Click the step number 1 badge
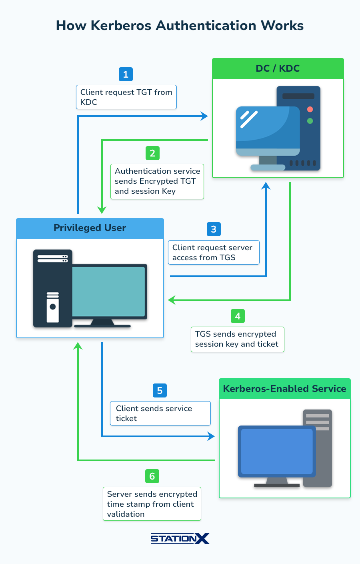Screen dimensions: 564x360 [126, 74]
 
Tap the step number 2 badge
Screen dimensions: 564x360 [152, 153]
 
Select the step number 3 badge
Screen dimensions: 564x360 [214, 229]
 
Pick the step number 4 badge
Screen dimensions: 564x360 [238, 316]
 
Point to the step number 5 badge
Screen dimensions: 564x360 [160, 391]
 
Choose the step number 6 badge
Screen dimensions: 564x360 [152, 476]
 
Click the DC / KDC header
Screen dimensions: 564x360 [278, 68]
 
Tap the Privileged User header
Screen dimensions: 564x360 [90, 228]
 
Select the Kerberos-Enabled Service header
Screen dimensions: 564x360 [284, 389]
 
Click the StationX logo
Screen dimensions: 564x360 [180, 538]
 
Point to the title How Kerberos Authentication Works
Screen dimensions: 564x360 [180, 26]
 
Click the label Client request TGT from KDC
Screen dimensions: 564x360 [126, 97]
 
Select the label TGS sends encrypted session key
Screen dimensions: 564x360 [237, 339]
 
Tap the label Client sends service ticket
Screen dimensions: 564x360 [160, 413]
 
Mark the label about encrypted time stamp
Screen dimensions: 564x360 [152, 504]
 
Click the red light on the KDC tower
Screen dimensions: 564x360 [310, 109]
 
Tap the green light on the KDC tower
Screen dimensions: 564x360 [310, 121]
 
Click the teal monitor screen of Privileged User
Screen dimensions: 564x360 [108, 291]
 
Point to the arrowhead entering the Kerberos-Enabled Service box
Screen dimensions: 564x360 [212, 436]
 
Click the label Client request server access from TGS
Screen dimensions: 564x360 [214, 253]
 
